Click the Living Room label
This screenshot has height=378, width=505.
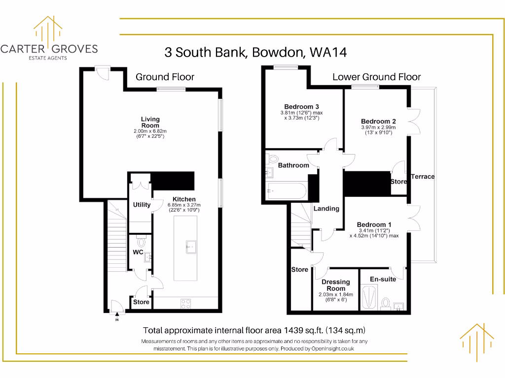pyautogui.click(x=150, y=122)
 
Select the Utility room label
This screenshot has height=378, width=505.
pyautogui.click(x=142, y=205)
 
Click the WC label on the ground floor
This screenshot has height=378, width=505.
pyautogui.click(x=138, y=252)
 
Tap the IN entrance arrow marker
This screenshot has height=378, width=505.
pyautogui.click(x=117, y=315)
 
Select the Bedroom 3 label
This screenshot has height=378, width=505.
pyautogui.click(x=301, y=107)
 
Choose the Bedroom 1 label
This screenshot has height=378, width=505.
pyautogui.click(x=374, y=225)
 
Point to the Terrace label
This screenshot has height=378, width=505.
pyautogui.click(x=423, y=176)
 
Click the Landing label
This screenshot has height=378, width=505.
pyautogui.click(x=326, y=209)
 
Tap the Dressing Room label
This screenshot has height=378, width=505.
pyautogui.click(x=335, y=285)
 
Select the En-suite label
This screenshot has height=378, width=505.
pyautogui.click(x=383, y=279)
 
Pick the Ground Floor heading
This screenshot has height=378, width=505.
pyautogui.click(x=165, y=77)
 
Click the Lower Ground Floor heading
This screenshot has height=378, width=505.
pyautogui.click(x=376, y=77)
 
